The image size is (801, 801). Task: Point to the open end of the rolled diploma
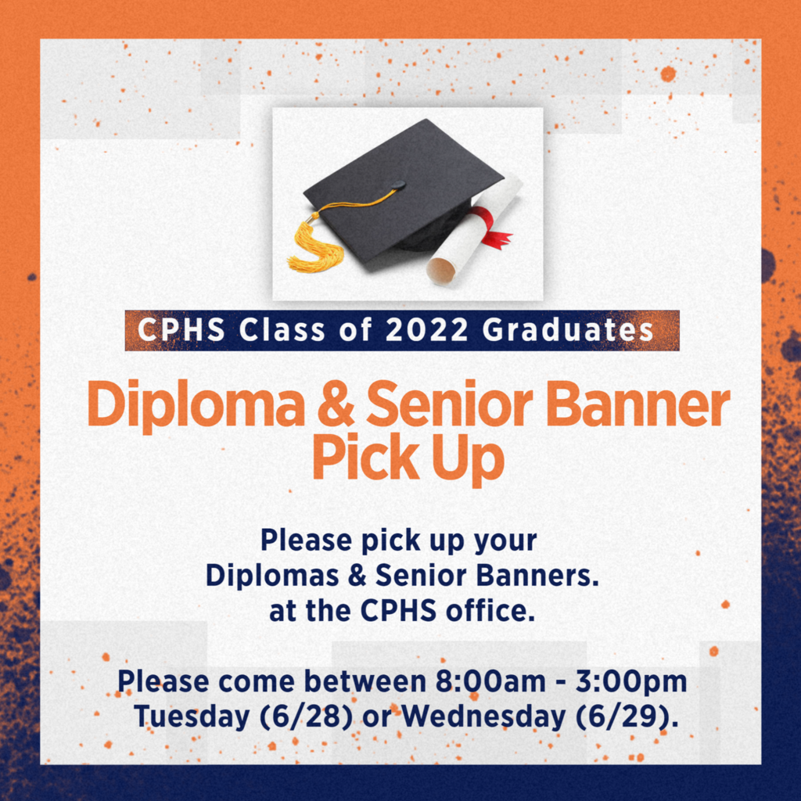441,270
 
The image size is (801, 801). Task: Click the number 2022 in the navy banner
426,330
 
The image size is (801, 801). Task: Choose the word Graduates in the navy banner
568,330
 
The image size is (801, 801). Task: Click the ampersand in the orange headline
336,404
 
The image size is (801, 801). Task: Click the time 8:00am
490,681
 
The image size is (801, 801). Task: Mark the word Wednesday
483,718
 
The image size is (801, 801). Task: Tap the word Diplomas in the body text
272,577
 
